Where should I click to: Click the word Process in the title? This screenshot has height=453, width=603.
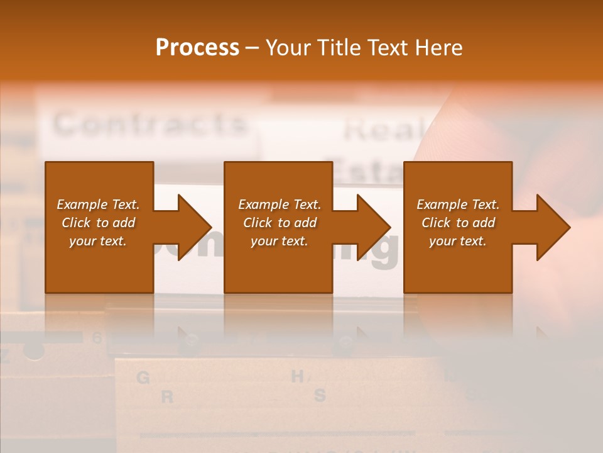[x=197, y=48]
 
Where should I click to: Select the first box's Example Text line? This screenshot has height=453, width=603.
[x=98, y=204]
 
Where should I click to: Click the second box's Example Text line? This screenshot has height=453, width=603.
[x=280, y=204]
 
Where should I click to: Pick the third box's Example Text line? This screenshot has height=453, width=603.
[x=458, y=204]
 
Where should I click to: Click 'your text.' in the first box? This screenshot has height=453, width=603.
[x=98, y=241]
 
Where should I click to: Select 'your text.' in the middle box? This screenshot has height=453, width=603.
[x=280, y=241]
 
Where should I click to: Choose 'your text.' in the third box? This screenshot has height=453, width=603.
[x=458, y=241]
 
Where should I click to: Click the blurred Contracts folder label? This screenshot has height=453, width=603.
[x=149, y=124]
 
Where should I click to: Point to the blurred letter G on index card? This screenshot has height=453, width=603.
[x=143, y=378]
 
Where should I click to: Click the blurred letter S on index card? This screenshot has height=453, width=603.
[x=320, y=396]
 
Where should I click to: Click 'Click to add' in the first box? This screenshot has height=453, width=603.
[x=98, y=223]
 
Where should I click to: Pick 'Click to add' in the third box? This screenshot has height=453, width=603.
[x=458, y=223]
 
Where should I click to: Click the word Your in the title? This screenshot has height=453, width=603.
[x=290, y=48]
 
